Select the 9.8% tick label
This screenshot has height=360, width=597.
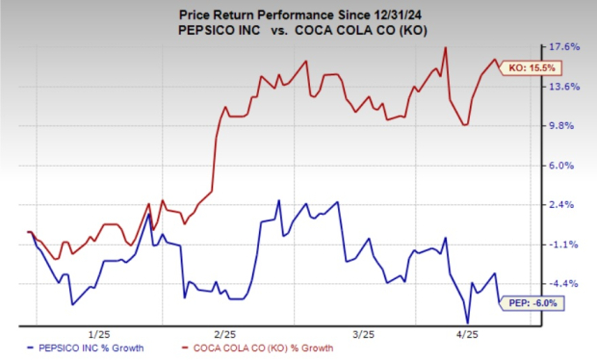(568, 125)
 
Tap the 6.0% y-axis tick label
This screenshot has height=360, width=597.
(568, 165)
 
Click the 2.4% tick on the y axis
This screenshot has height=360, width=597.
(568, 204)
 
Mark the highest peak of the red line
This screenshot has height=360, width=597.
(445, 47)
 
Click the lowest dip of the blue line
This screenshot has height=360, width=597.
(468, 323)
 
